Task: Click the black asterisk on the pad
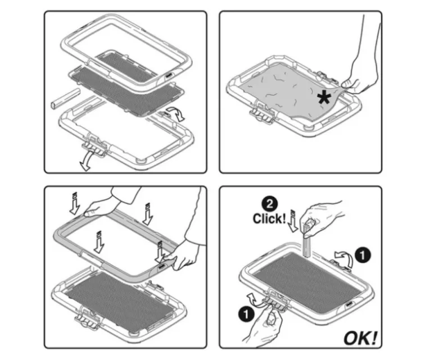tap(324, 98)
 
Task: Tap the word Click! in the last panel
tap(269, 218)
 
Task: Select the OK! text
tap(360, 338)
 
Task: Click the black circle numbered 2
tap(269, 204)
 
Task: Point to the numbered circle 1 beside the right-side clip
tap(363, 255)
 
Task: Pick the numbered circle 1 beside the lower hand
tap(246, 315)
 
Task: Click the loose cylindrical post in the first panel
tap(65, 98)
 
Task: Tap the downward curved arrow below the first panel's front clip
tap(88, 161)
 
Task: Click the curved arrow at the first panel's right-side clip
tap(176, 113)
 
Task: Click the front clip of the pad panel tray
tap(261, 112)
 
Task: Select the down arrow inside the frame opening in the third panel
tap(99, 242)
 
